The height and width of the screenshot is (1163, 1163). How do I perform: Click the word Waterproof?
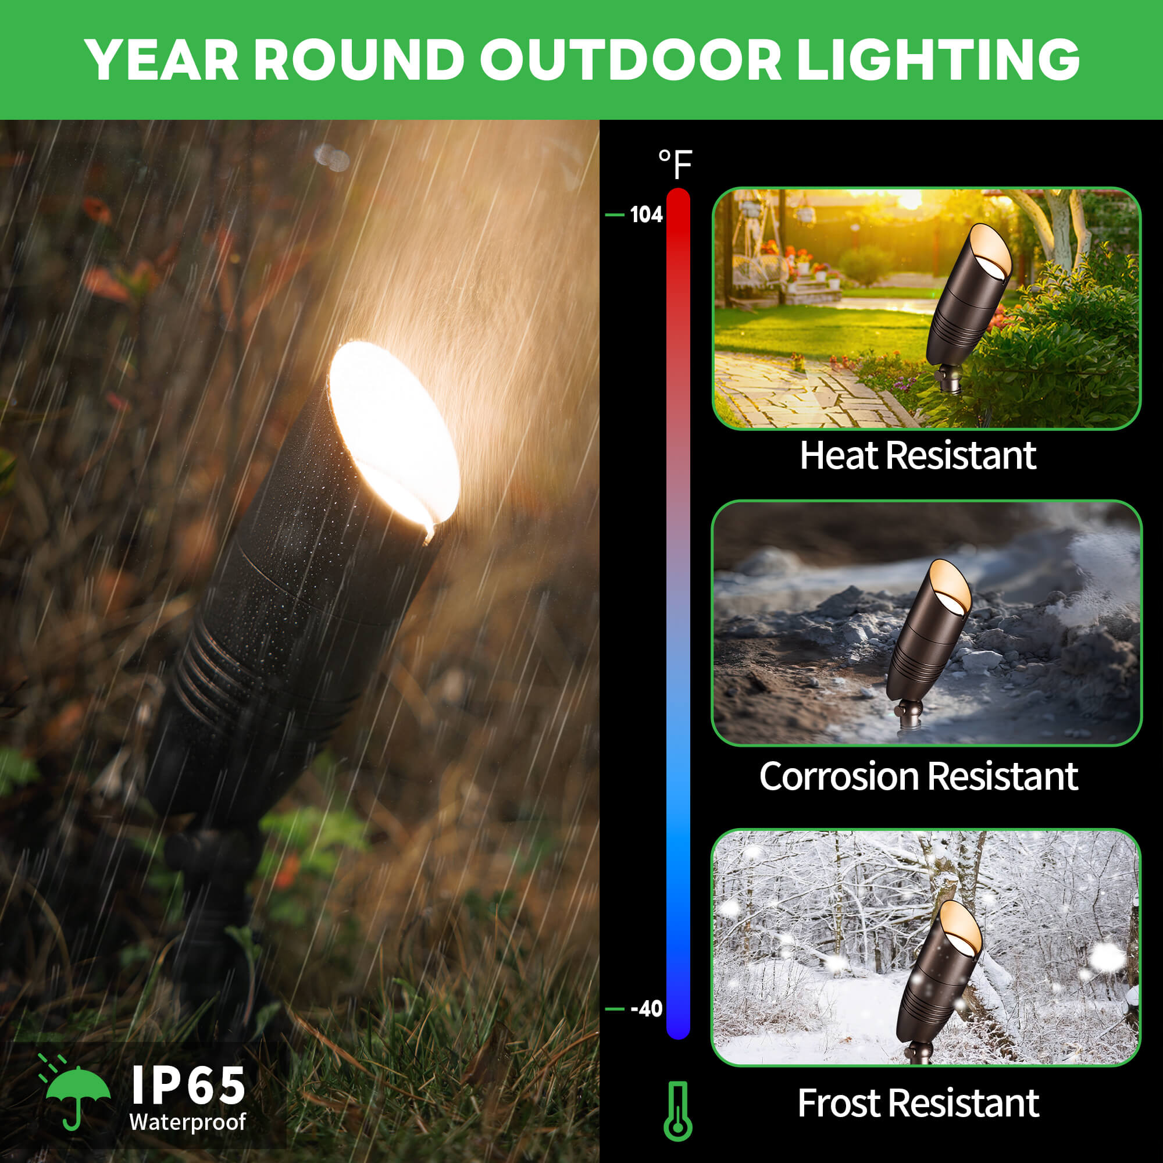[x=187, y=1122]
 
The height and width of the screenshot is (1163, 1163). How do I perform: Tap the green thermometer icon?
[x=678, y=1111]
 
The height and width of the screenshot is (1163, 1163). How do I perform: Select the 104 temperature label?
[x=646, y=215]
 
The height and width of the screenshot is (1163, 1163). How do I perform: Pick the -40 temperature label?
[x=646, y=1008]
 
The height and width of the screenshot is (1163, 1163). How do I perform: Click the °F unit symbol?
[x=675, y=164]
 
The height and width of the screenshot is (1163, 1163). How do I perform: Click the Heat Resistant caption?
[x=918, y=456]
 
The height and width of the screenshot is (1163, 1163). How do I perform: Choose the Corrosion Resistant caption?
[x=919, y=776]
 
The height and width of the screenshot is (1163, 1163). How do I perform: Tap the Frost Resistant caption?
[x=919, y=1104]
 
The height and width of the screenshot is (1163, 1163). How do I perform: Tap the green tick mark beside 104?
[x=614, y=215]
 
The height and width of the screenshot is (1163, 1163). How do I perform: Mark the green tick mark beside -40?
[x=614, y=1009]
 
